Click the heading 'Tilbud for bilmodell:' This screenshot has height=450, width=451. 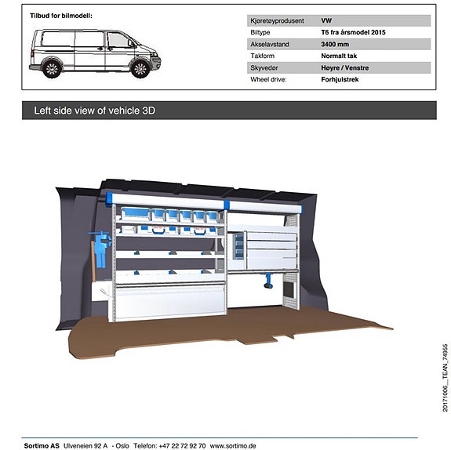pyautogui.click(x=61, y=16)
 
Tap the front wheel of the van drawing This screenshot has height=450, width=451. pyautogui.click(x=140, y=69)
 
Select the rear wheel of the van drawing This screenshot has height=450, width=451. pyautogui.click(x=52, y=69)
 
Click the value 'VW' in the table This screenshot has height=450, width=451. pyautogui.click(x=326, y=20)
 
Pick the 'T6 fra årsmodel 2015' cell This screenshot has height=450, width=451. pyautogui.click(x=353, y=32)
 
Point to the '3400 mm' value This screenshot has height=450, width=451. pyautogui.click(x=335, y=44)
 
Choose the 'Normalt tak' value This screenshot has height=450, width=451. pyautogui.click(x=339, y=56)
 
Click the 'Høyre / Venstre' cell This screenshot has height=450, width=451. pyautogui.click(x=345, y=68)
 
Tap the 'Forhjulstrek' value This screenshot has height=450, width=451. pyautogui.click(x=340, y=79)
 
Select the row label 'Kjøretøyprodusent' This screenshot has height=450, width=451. pyautogui.click(x=277, y=20)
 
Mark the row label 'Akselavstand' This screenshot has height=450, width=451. pyautogui.click(x=270, y=44)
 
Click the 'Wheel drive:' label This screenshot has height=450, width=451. pyautogui.click(x=268, y=79)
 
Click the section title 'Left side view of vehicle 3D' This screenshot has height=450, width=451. pyautogui.click(x=95, y=111)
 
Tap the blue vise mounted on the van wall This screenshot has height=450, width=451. pyautogui.click(x=100, y=247)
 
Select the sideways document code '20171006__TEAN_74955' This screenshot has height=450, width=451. pyautogui.click(x=445, y=378)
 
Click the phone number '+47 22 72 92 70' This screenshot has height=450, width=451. pyautogui.click(x=182, y=445)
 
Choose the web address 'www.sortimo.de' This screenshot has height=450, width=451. pyautogui.click(x=233, y=445)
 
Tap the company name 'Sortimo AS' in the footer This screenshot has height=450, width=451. pyautogui.click(x=42, y=445)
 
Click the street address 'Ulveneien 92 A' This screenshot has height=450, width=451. pyautogui.click(x=85, y=445)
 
